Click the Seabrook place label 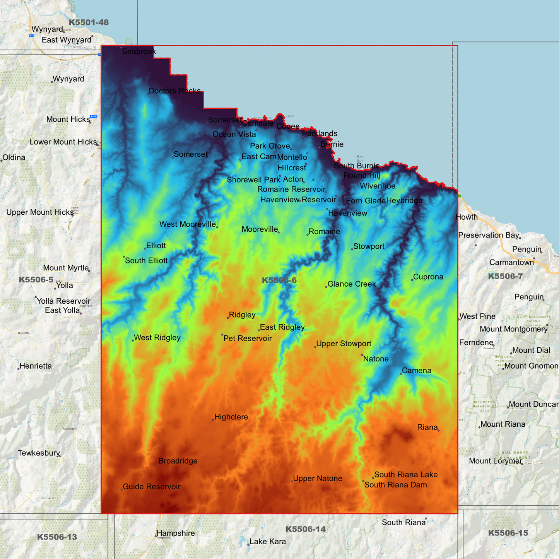(139, 51)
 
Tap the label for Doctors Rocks (174, 91)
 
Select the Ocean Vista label (234, 134)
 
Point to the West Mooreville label (188, 224)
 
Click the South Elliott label (146, 261)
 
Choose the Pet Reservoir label (248, 338)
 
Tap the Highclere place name (231, 417)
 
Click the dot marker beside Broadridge (158, 463)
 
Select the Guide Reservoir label (152, 487)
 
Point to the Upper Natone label (318, 479)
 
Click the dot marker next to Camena (401, 374)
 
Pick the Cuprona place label (428, 277)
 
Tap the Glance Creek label (352, 284)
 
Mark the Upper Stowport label (344, 344)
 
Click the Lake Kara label (268, 542)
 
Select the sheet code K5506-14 (306, 529)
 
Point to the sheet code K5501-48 (89, 22)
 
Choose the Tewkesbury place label (39, 453)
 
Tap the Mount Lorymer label (496, 461)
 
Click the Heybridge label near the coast (404, 201)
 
